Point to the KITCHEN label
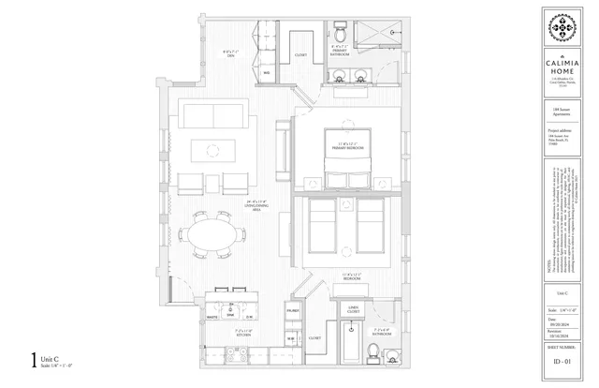click(x=242, y=332)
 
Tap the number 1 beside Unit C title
click(x=35, y=357)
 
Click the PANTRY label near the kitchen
click(x=293, y=308)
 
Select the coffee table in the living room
click(x=212, y=150)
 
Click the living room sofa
click(x=212, y=115)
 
